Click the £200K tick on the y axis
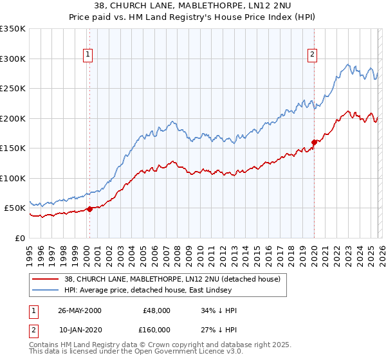pos(13,118)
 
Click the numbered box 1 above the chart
pos(87,55)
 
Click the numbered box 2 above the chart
pos(312,55)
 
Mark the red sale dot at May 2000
pos(90,208)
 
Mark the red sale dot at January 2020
pos(314,142)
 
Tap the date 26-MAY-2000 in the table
pos(80,310)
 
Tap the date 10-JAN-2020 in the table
pos(80,329)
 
